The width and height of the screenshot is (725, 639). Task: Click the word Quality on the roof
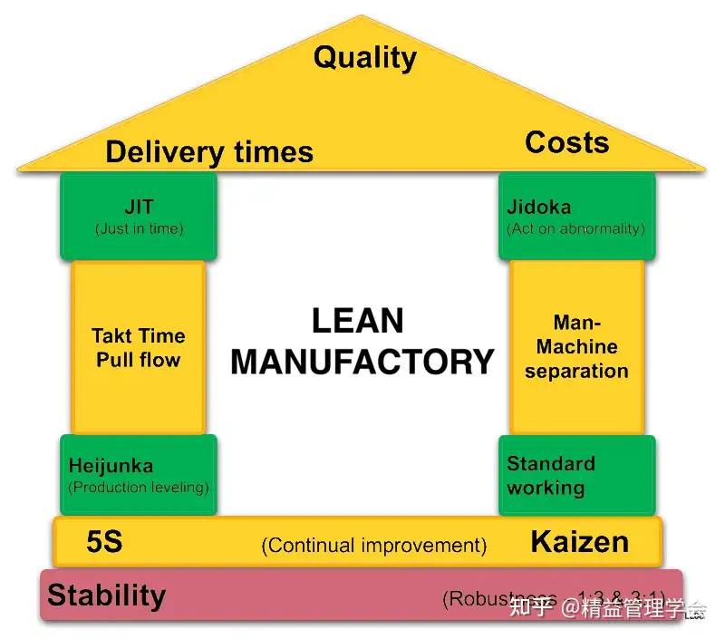[x=364, y=58]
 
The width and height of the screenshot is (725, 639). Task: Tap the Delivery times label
[x=209, y=152]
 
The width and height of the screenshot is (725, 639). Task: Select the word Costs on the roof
[x=567, y=142]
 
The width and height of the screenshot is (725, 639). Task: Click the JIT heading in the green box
[x=139, y=207]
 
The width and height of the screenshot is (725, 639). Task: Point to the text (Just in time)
[x=139, y=228]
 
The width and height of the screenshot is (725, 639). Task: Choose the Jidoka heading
[x=539, y=208]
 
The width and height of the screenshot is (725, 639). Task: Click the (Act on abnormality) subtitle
[x=576, y=228]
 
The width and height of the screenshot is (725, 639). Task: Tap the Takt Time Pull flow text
[x=139, y=347]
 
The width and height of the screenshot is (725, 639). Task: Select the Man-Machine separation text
[x=576, y=346]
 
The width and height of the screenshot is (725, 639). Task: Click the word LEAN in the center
[x=357, y=321]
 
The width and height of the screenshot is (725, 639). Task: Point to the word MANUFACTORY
[x=362, y=361]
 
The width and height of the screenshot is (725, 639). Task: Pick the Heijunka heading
[x=111, y=467]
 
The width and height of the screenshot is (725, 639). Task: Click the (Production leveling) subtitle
[x=139, y=488]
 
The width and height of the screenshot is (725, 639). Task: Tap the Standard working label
[x=551, y=476]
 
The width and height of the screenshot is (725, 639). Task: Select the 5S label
[x=104, y=543]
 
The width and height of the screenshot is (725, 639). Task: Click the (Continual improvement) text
[x=374, y=546]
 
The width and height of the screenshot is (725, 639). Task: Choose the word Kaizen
[x=579, y=542]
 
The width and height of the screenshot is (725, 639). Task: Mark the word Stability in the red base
[x=107, y=595]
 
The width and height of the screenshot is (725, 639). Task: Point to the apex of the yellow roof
[x=362, y=16]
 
